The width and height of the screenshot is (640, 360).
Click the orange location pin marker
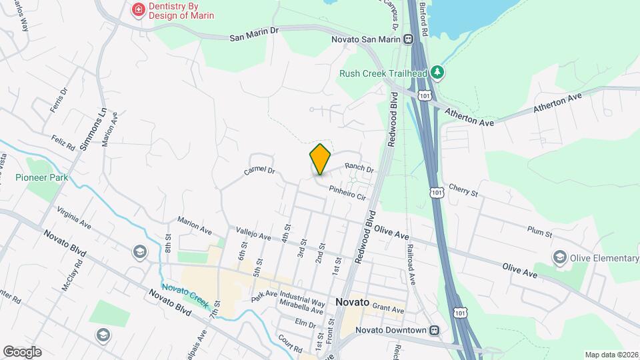click(x=320, y=159)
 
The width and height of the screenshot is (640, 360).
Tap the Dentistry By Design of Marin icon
click(x=138, y=10)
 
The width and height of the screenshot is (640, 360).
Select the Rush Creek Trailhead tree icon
click(x=437, y=71)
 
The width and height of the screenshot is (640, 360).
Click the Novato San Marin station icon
click(x=406, y=39)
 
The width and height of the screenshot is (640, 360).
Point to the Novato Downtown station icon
click(x=435, y=330)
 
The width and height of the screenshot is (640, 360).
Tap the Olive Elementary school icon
click(x=559, y=257)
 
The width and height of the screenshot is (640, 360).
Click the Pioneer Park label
click(x=36, y=178)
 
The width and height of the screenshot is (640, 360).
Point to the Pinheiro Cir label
click(x=347, y=193)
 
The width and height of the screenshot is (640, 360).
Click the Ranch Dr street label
click(x=359, y=167)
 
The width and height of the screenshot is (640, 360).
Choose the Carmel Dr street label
click(x=259, y=171)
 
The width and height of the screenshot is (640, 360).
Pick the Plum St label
click(x=539, y=231)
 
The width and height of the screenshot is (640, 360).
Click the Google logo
click(x=22, y=351)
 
